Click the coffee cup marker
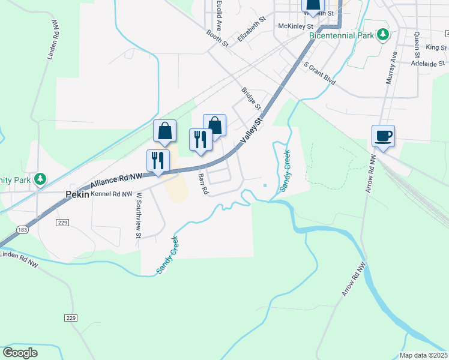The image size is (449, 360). point(382,136)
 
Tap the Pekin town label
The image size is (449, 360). point(77,194)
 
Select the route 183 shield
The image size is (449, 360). point(22,230)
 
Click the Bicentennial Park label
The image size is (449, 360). point(340,35)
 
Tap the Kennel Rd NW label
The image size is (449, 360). point(111,194)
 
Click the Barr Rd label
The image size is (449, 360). point(203,184)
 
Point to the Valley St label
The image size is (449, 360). point(252,130)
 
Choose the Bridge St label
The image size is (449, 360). point(251,99)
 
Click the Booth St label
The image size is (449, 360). point(217,38)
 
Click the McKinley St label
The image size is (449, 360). point(296,26)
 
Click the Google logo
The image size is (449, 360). point(20,353)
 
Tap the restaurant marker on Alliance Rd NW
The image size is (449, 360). point(158,161)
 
